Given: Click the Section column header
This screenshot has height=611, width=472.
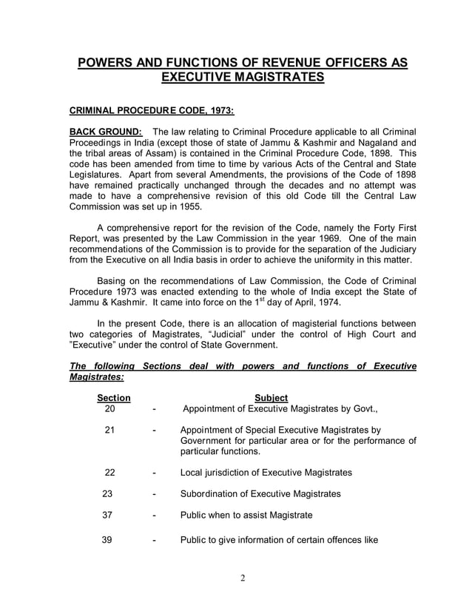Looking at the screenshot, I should [114, 398].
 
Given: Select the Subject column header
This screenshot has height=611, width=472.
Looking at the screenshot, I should [271, 398].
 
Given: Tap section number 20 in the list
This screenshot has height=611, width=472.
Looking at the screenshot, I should [110, 408].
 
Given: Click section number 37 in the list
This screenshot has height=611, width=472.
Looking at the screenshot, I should [107, 516].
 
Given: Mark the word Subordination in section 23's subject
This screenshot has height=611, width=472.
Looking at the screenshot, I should [213, 493].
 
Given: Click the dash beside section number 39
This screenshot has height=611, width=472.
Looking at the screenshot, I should [153, 540].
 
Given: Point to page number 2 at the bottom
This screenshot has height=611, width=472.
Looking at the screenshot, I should [243, 578].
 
